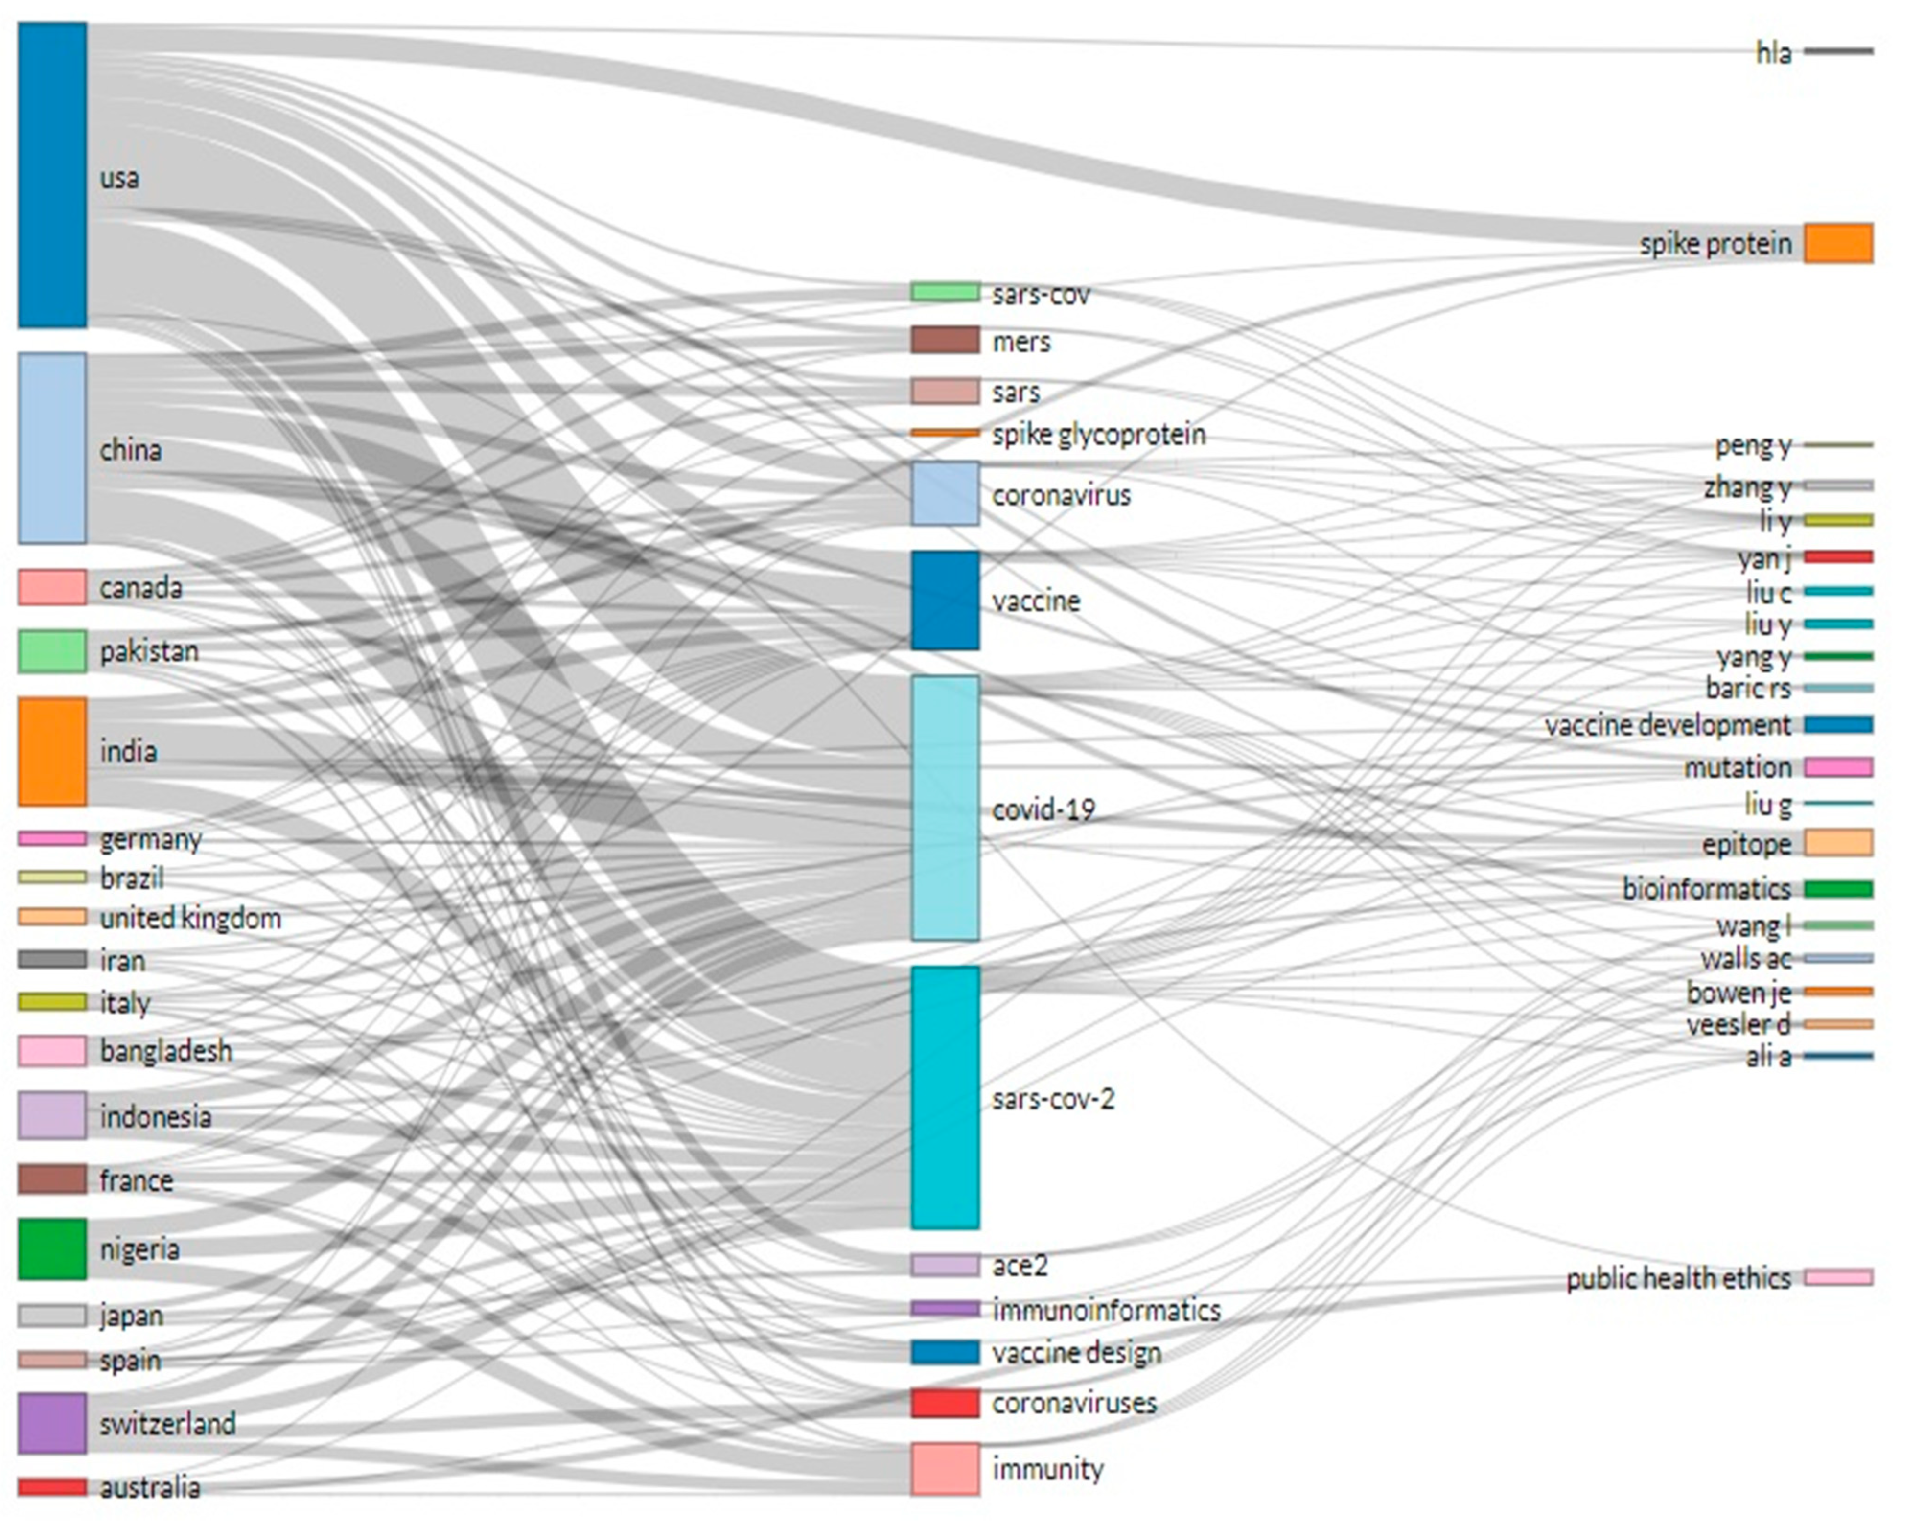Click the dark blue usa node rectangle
click(x=52, y=175)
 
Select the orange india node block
click(x=52, y=751)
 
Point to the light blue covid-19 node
click(x=944, y=808)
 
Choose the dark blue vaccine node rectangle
click(x=944, y=600)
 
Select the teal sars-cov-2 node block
click(x=944, y=1098)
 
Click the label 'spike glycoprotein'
click(x=1098, y=435)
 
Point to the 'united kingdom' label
click(x=190, y=918)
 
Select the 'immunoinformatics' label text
click(x=1106, y=1310)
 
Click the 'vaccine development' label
click(x=1667, y=725)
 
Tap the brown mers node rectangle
click(x=944, y=340)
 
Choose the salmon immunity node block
click(x=944, y=1468)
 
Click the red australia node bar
click(x=52, y=1487)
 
